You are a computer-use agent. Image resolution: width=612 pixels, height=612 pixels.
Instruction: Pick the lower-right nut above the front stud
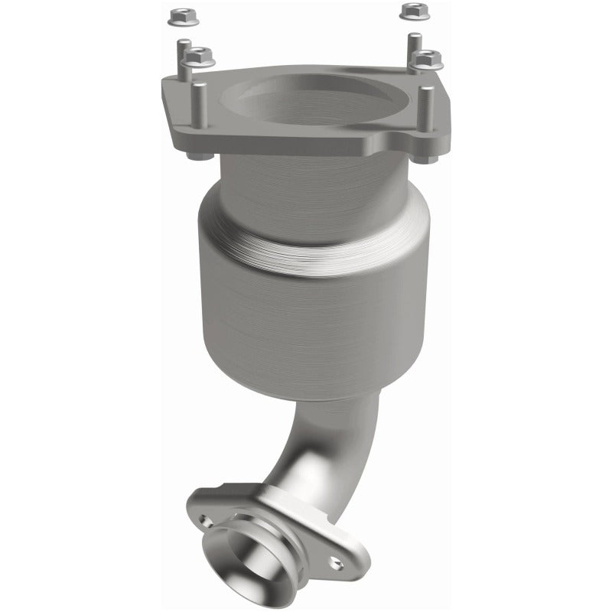coord(426,58)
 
